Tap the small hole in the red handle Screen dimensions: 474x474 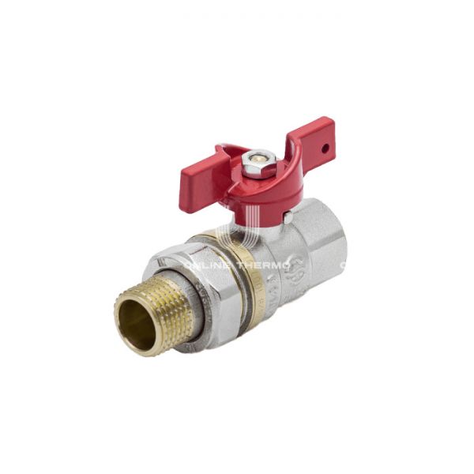point(325,147)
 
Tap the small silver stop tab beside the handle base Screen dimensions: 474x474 point(288,215)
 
